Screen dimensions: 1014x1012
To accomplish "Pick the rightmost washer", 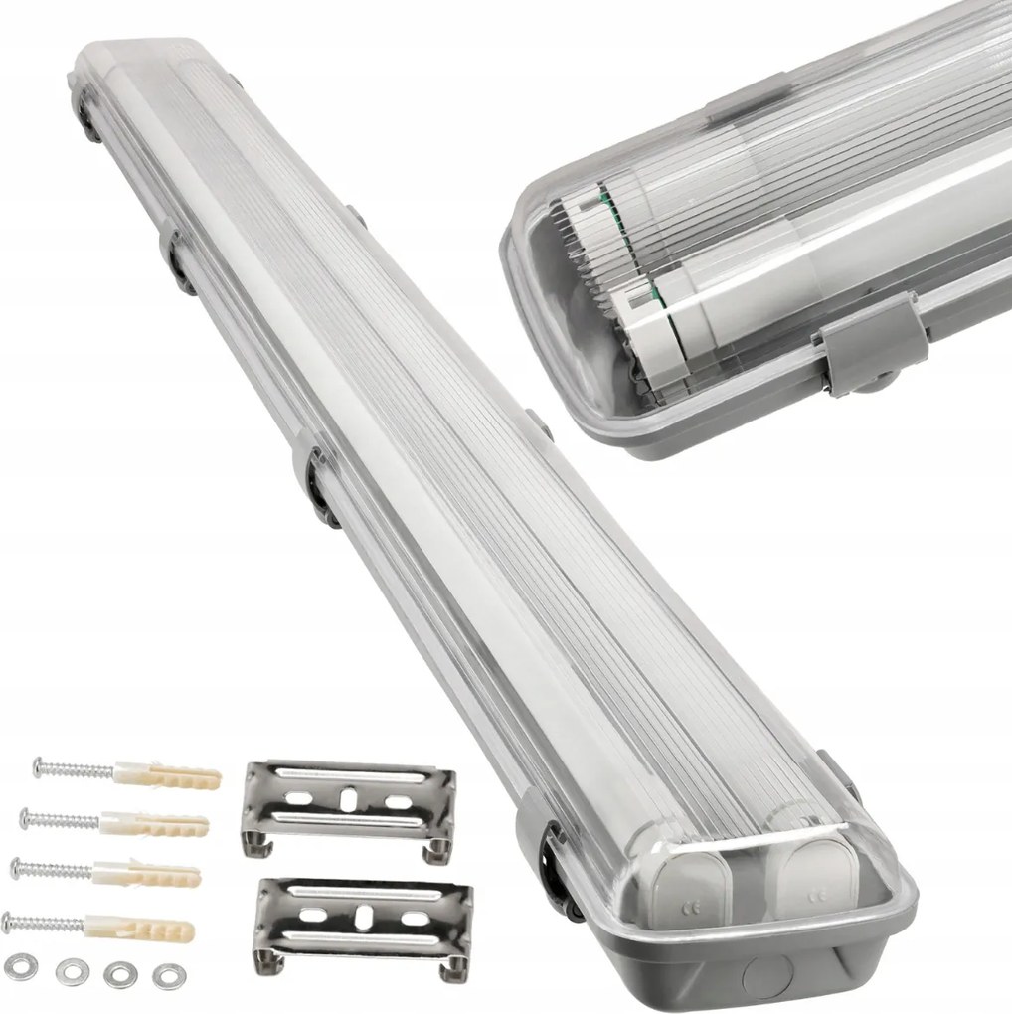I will click(166, 976).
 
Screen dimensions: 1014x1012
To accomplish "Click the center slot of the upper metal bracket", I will click(349, 797).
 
